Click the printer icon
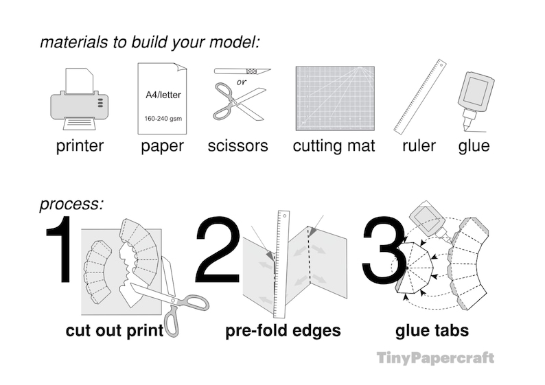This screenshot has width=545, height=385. click(x=80, y=100)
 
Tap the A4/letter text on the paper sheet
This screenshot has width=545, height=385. click(x=163, y=95)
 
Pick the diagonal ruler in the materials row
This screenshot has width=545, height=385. click(x=419, y=96)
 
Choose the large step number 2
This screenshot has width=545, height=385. click(x=218, y=250)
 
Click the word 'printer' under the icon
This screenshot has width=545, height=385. click(x=80, y=145)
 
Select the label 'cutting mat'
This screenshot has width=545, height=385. click(x=334, y=145)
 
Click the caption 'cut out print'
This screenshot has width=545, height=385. click(x=115, y=331)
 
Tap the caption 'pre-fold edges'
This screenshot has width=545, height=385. click(x=283, y=331)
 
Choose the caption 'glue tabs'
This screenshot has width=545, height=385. click(x=432, y=331)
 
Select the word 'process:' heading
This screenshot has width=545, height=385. click(x=71, y=204)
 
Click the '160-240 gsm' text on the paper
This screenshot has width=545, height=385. click(x=163, y=118)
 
